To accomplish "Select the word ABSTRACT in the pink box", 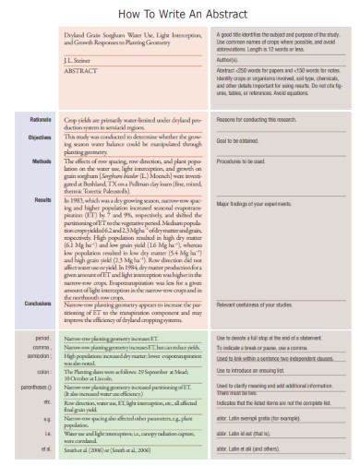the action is click(79, 68).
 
